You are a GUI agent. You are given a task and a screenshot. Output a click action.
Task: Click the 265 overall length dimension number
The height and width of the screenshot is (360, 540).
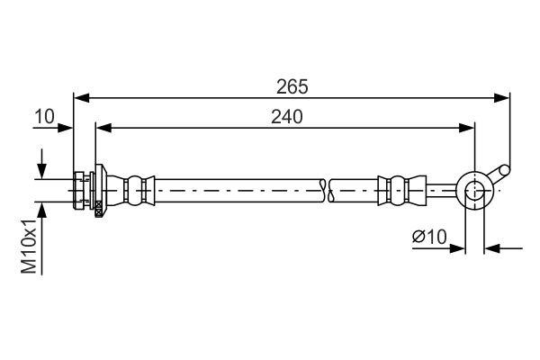(292, 86)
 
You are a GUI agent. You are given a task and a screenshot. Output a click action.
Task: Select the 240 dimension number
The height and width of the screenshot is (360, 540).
(286, 117)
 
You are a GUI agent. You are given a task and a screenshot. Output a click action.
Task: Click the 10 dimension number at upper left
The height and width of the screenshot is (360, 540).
(44, 117)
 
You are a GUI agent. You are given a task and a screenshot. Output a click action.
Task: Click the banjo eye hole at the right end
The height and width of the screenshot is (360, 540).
(474, 189)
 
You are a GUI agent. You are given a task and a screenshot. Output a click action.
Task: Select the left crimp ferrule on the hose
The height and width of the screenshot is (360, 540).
(138, 188)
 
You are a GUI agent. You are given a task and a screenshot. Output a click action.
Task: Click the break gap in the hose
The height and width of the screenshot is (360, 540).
(328, 189)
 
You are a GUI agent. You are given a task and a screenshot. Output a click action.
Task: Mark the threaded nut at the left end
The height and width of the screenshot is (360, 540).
(83, 188)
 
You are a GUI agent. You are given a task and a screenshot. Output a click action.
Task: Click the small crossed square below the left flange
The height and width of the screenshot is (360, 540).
(98, 206)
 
